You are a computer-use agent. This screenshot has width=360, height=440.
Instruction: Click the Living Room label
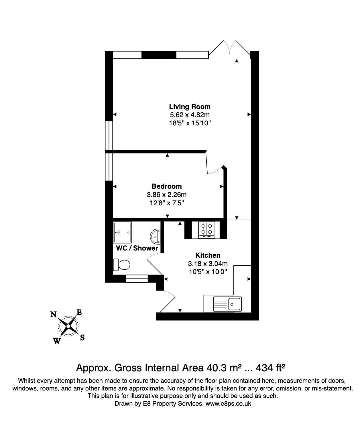pos(190,107)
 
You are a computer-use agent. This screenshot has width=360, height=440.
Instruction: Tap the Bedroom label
pos(167,186)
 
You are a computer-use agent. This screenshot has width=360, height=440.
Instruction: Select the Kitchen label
pos(208,255)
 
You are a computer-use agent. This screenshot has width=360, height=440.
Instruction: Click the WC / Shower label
pos(137,248)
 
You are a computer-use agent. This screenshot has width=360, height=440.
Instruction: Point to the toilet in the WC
pos(122,265)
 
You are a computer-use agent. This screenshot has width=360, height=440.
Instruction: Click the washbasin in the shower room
pos(155,236)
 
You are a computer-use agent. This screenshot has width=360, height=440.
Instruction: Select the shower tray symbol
pos(122,232)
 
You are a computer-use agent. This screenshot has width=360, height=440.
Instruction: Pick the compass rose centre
pos(68,326)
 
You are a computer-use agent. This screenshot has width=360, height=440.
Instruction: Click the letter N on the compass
pos(54,314)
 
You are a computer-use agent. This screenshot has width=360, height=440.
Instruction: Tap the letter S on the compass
pos(82,337)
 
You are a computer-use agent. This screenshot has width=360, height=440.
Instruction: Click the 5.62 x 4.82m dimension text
pos(190,115)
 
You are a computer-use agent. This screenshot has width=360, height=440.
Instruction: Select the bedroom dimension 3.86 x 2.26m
pos(167,195)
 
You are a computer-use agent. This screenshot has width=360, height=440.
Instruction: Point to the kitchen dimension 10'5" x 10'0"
pos(208,272)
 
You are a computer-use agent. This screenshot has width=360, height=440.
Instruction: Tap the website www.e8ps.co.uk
pos(228,403)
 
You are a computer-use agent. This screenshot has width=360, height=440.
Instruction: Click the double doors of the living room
pos(230,48)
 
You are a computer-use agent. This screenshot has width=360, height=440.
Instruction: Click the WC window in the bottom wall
pos(137,279)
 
